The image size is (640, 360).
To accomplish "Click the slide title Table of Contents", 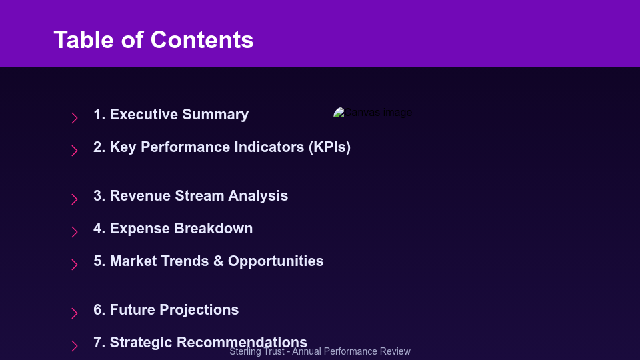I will tap(153, 40).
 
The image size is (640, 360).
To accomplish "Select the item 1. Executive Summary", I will tap(171, 115).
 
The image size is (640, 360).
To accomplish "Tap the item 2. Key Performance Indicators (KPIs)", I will tap(221, 147).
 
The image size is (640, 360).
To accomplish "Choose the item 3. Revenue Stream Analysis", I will tap(191, 196).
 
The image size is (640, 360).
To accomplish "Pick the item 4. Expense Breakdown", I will tap(173, 229).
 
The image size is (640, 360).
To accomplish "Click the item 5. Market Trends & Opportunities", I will tap(208, 261).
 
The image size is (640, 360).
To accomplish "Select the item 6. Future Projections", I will tap(166, 310).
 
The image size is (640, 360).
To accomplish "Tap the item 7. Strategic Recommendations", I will tap(200, 343).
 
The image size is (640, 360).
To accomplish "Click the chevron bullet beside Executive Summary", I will tap(75, 118).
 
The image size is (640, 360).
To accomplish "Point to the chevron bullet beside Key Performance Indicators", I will tap(75, 151).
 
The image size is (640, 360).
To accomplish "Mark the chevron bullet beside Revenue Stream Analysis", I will tap(75, 199).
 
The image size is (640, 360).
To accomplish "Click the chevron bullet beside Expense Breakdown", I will tap(75, 232).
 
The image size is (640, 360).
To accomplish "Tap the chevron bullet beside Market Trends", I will tap(75, 265).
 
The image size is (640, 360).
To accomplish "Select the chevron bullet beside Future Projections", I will tap(75, 313).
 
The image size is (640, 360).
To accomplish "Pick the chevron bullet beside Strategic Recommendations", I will tap(75, 346).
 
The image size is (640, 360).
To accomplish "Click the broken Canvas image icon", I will tap(339, 113).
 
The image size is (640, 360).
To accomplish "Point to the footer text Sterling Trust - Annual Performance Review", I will tap(320, 352).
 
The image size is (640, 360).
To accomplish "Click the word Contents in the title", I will tap(202, 40).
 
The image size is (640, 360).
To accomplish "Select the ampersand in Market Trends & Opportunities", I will tap(218, 261).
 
